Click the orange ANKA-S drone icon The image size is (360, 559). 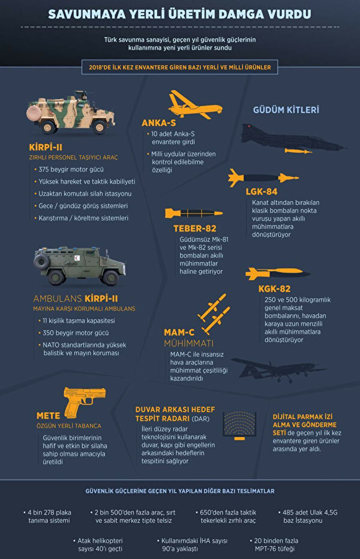[194, 105]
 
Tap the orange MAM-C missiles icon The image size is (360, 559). [214, 314]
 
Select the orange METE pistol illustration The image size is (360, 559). [84, 402]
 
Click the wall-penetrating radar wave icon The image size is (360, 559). [239, 426]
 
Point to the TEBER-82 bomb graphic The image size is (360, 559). [194, 213]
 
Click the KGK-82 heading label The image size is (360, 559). [274, 288]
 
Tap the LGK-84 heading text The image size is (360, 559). [262, 192]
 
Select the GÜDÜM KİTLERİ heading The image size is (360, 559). [286, 110]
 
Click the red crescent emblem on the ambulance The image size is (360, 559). [77, 258]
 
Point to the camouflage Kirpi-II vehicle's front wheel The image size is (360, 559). [99, 127]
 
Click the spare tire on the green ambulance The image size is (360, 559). [41, 261]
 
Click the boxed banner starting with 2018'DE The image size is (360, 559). [180, 67]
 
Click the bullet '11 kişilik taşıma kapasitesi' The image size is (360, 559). [76, 320]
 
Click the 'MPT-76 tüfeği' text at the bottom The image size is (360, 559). [274, 549]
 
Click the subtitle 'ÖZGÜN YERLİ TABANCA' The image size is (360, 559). [68, 426]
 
